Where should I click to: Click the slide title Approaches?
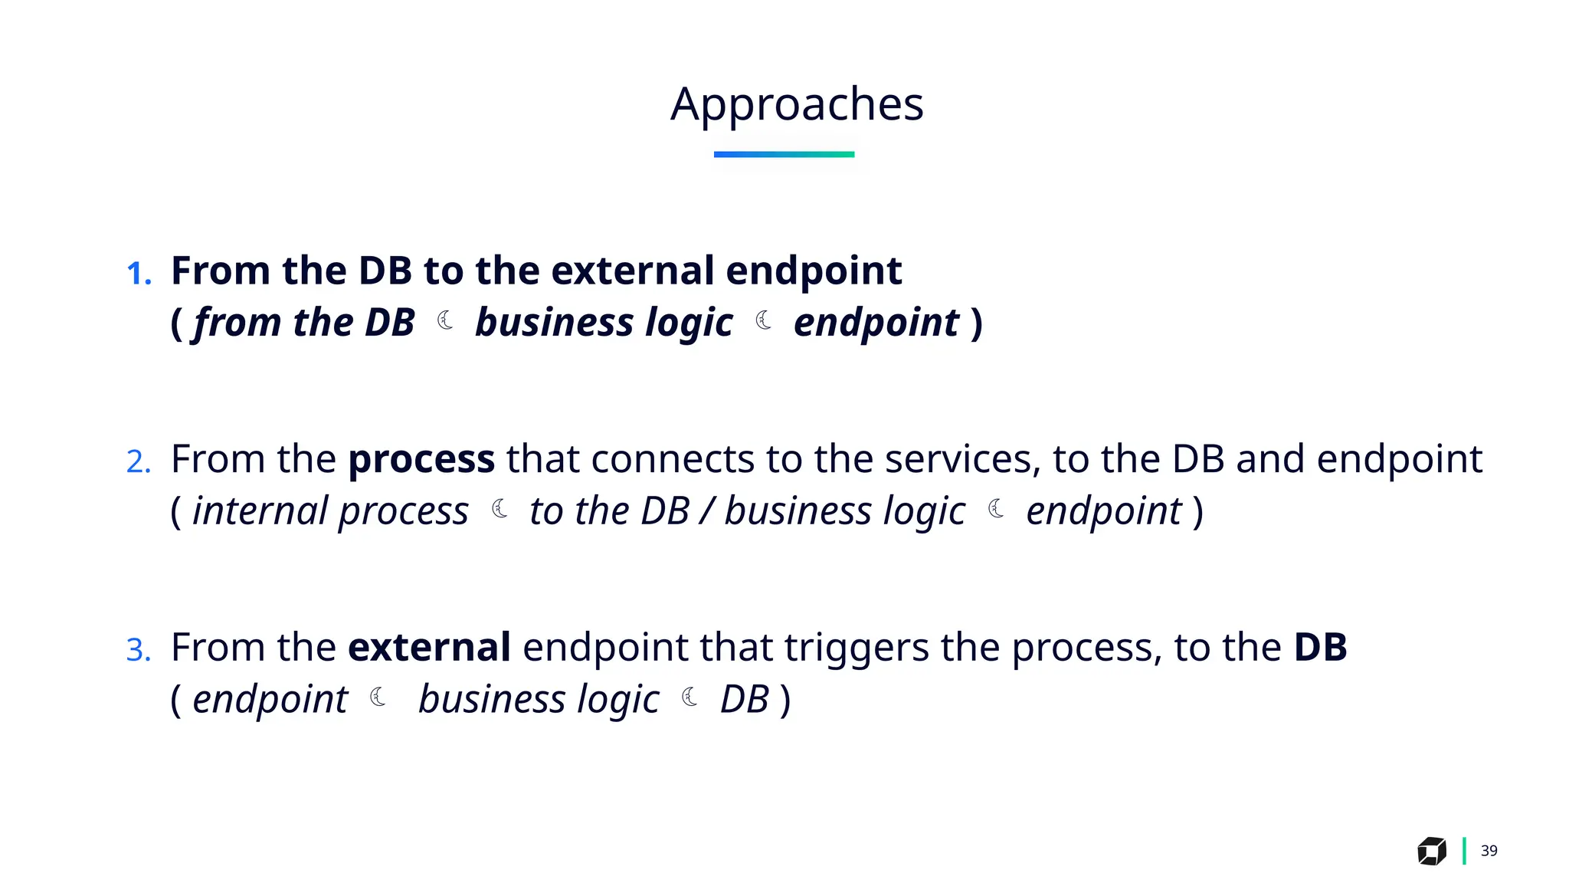[x=797, y=104]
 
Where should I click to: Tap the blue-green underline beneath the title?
[x=784, y=154]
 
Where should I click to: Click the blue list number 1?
[x=138, y=274]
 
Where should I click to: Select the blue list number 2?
[x=138, y=461]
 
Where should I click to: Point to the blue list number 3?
[x=138, y=650]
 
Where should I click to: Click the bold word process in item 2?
[x=421, y=460]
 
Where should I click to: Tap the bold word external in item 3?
[x=429, y=647]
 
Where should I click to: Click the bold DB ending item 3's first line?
[x=1320, y=647]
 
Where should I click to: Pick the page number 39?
[x=1489, y=851]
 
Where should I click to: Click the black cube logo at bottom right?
[x=1431, y=851]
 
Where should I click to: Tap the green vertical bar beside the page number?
[x=1464, y=851]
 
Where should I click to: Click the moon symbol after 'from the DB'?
[x=445, y=320]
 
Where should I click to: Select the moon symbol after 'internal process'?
[x=500, y=509]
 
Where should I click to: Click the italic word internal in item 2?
[x=260, y=510]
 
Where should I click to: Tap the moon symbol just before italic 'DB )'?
[x=690, y=697]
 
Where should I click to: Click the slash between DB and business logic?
[x=707, y=511]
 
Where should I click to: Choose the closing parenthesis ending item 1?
[x=977, y=323]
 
